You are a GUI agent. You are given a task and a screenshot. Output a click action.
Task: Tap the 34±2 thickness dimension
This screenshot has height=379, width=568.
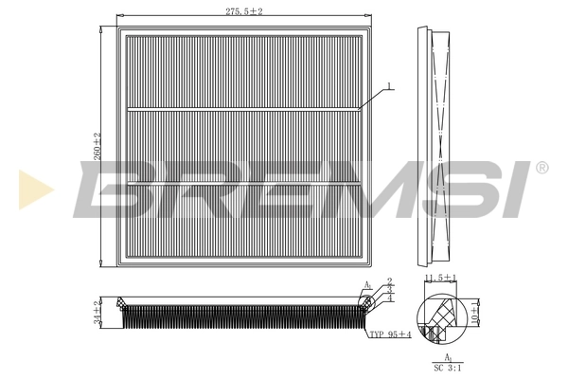point(97,312)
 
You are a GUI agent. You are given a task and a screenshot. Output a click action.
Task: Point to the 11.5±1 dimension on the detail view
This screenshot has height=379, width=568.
point(441,278)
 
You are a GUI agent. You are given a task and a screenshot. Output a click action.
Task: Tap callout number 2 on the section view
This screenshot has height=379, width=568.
point(390,282)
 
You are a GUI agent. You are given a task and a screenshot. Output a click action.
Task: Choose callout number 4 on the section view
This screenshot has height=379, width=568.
point(390,298)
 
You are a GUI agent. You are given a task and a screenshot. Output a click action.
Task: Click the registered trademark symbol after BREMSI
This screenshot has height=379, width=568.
point(541,168)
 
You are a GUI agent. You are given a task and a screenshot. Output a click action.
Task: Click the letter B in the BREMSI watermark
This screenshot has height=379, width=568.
point(118,186)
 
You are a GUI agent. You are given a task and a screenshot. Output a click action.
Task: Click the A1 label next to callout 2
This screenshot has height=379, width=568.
point(367,285)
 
